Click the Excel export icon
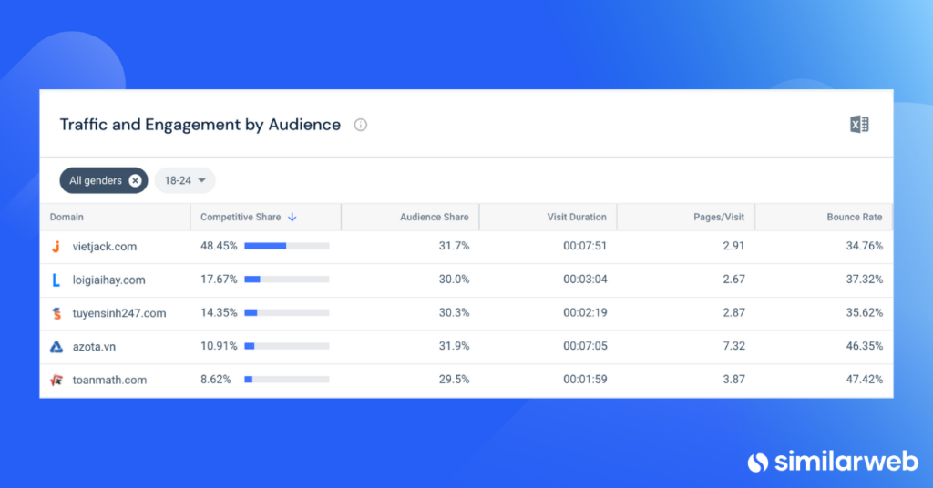coord(859,124)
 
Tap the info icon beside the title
coord(361,125)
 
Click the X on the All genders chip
coord(135,180)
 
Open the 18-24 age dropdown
coord(185,180)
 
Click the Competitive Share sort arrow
coord(292,217)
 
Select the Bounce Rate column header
coord(855,217)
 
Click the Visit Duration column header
coord(577,217)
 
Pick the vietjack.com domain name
coord(105,246)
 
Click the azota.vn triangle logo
coord(56,347)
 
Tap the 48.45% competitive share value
coord(219,246)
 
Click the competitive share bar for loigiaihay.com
coord(287,280)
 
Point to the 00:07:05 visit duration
coord(586,346)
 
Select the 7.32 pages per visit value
coord(733,346)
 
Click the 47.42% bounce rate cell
coord(865,380)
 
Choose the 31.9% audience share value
coord(454,346)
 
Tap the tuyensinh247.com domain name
coord(119,313)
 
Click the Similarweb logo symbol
coord(758,463)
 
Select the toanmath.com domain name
coord(109,380)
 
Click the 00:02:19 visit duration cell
coord(586,312)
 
